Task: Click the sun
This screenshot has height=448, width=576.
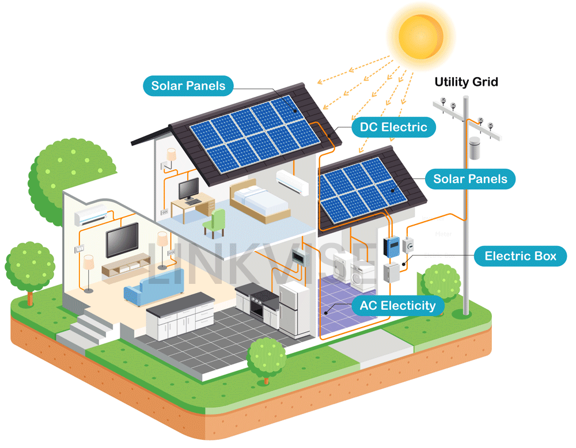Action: click(420, 36)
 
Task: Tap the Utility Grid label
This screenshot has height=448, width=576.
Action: click(466, 82)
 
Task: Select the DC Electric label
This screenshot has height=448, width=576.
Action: click(393, 127)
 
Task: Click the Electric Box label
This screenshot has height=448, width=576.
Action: click(520, 256)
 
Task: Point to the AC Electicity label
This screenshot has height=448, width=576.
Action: click(397, 305)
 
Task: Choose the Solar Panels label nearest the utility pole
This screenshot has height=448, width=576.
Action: click(470, 179)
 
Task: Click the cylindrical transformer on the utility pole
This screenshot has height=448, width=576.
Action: click(475, 149)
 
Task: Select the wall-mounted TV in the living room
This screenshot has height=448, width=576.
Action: click(122, 240)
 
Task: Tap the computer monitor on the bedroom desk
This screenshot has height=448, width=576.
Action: click(188, 188)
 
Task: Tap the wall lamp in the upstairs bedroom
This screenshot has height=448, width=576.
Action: click(171, 155)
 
